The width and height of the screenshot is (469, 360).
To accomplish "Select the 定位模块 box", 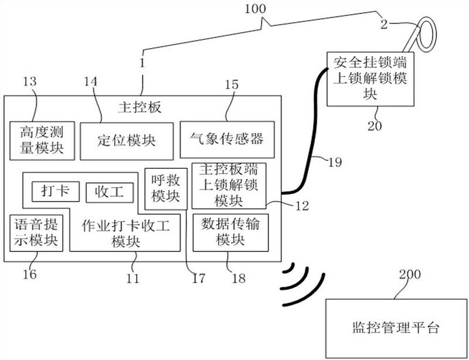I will [127, 141].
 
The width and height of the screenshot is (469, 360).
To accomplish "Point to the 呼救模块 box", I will [166, 189].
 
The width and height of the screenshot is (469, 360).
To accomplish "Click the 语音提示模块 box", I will [36, 232].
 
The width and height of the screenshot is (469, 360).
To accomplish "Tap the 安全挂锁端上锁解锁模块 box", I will [366, 77].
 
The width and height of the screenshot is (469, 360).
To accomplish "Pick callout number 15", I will [231, 84].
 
